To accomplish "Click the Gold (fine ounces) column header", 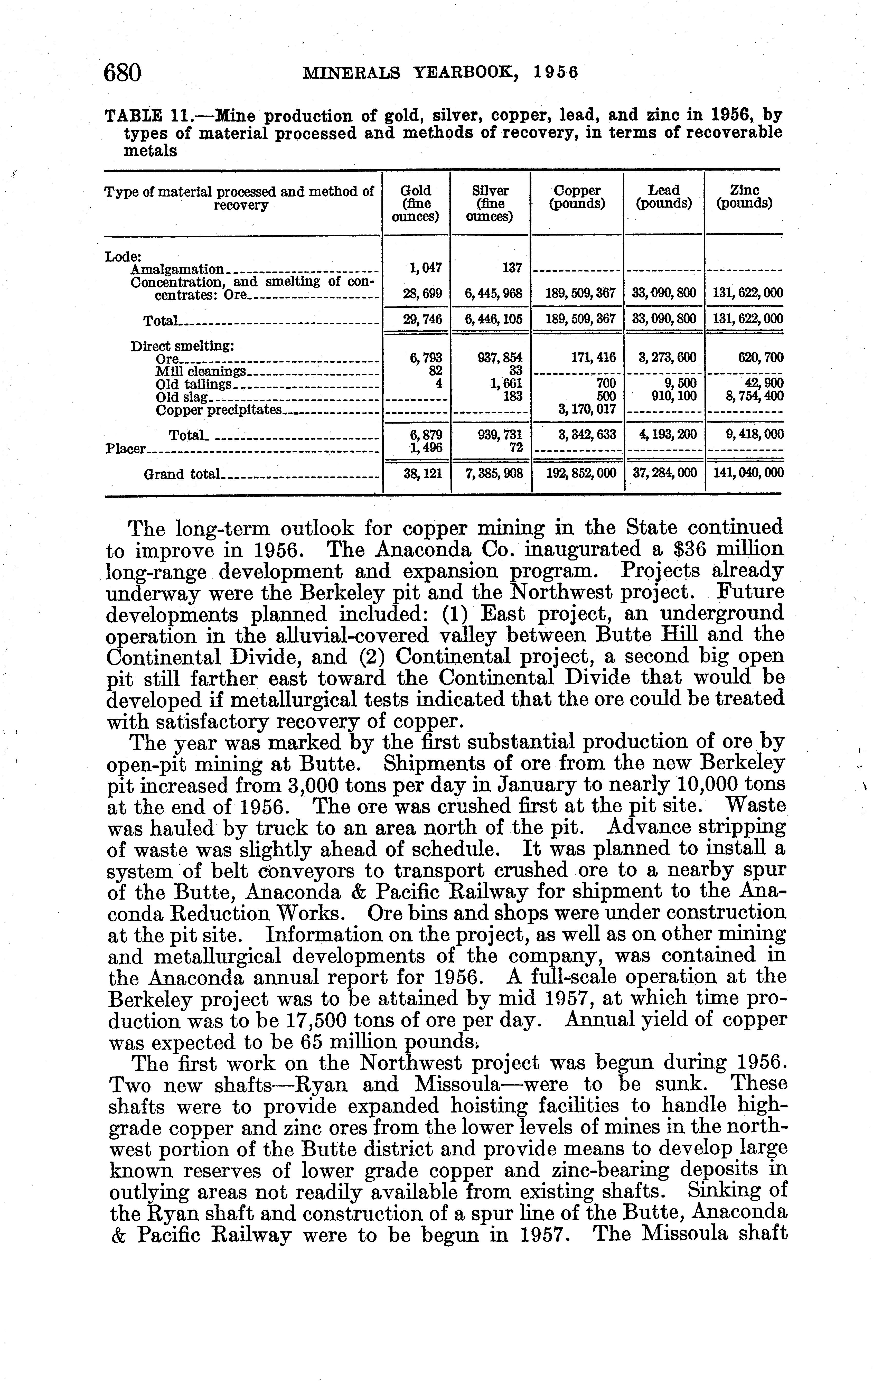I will [x=416, y=203].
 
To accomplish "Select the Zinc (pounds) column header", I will [x=744, y=197].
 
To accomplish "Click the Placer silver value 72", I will [x=517, y=447].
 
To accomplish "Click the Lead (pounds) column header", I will [x=663, y=197].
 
